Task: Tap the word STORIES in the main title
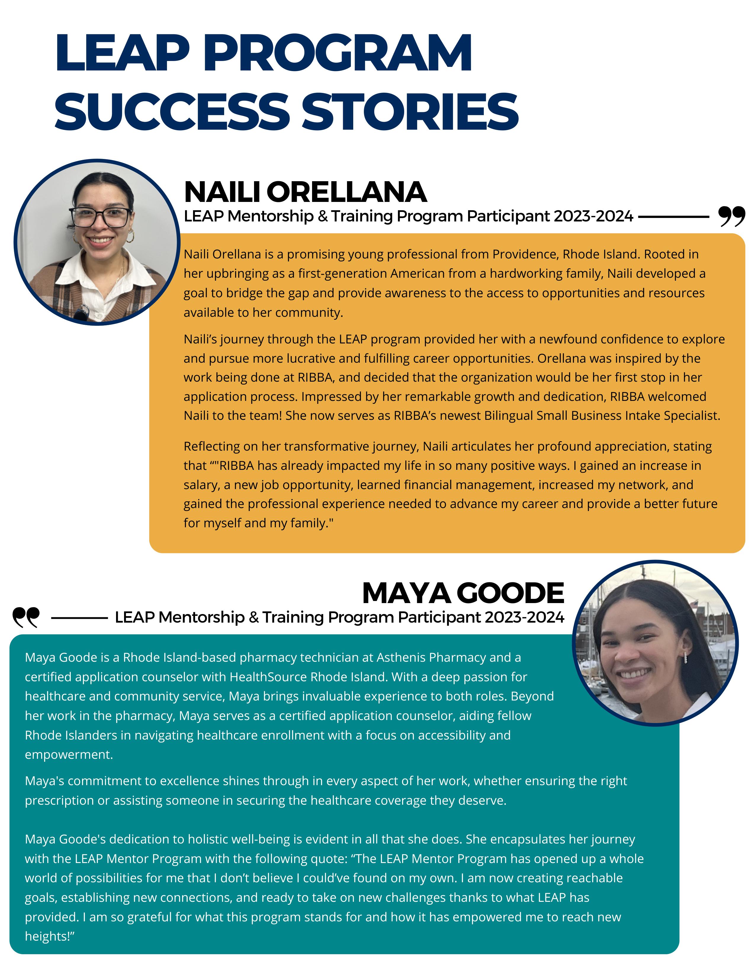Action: [411, 112]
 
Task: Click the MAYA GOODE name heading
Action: [463, 593]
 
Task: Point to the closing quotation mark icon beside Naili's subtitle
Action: [732, 216]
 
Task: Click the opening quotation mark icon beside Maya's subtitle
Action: [26, 617]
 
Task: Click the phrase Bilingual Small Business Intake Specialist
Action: [602, 416]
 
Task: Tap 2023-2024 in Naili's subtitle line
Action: [593, 216]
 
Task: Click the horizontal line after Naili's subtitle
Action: [674, 216]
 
